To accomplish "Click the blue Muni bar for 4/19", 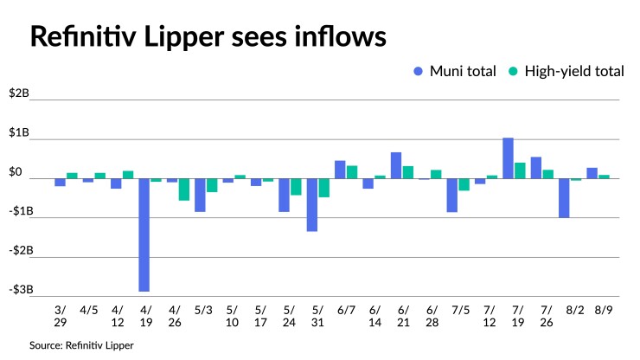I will [x=144, y=235].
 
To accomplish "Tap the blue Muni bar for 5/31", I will [x=311, y=205].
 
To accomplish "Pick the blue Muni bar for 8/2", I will [x=564, y=198].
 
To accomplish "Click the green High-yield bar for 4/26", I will [x=184, y=190].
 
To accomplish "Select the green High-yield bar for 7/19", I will [x=521, y=170].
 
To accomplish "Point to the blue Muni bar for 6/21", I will [x=396, y=165].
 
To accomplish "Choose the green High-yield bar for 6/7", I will [x=352, y=172].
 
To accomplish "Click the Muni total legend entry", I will [x=455, y=72].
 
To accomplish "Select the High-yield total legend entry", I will [x=568, y=72].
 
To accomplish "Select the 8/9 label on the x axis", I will [x=597, y=309].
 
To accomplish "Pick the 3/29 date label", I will [x=61, y=316].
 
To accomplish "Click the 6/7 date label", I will [x=346, y=309].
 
